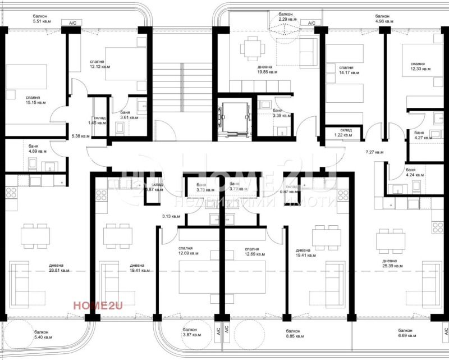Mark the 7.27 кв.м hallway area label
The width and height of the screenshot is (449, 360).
tap(375, 152)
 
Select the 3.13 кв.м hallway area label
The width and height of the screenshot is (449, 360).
tap(171, 216)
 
